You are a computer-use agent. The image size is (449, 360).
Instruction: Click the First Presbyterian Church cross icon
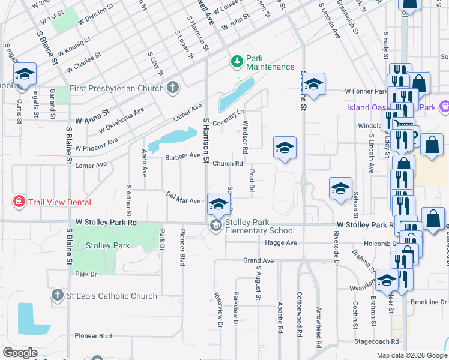pyautogui.click(x=173, y=88)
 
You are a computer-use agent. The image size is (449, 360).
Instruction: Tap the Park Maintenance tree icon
pyautogui.click(x=237, y=61)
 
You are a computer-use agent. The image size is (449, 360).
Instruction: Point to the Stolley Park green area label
pyautogui.click(x=107, y=245)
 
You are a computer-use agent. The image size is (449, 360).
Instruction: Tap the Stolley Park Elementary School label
pyautogui.click(x=259, y=226)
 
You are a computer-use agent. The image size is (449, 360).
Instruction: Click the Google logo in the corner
pyautogui.click(x=20, y=353)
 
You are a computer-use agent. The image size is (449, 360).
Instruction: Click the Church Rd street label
pyautogui.click(x=228, y=163)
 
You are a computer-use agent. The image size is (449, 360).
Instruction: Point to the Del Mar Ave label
pyautogui.click(x=183, y=199)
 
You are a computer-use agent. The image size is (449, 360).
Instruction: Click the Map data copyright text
pyautogui.click(x=411, y=355)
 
